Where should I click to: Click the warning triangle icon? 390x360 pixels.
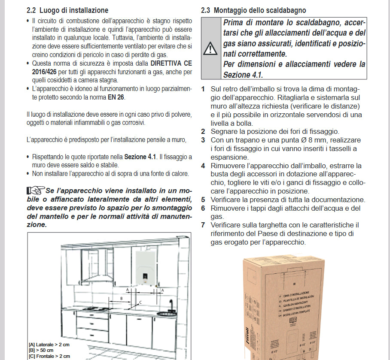click(x=210, y=48)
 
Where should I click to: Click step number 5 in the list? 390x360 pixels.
click(x=203, y=200)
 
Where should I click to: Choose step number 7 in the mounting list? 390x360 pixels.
click(x=203, y=225)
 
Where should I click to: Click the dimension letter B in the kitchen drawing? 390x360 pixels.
click(x=122, y=298)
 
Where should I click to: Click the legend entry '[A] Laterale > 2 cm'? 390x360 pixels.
click(x=49, y=345)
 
